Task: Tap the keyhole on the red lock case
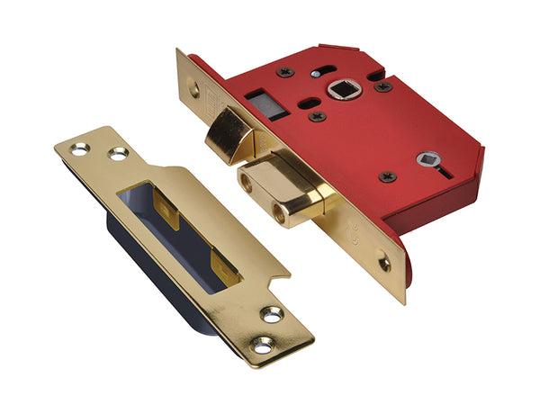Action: pos(423,160)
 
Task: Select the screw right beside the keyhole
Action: pos(388,176)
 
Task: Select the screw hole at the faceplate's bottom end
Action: pos(384,264)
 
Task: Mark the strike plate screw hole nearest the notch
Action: pos(272,314)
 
